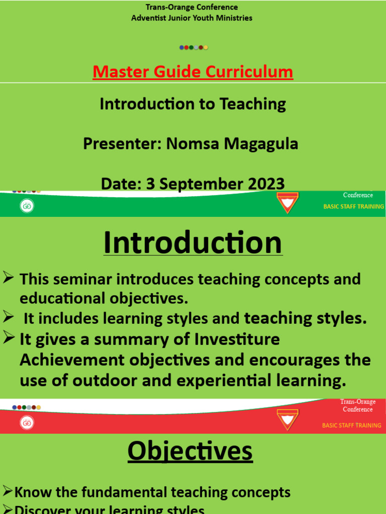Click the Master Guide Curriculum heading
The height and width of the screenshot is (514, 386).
pyautogui.click(x=192, y=72)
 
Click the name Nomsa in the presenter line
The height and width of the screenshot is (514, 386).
pyautogui.click(x=194, y=144)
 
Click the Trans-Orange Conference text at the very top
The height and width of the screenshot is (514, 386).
pyautogui.click(x=191, y=7)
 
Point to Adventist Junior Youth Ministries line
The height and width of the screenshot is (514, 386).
pyautogui.click(x=191, y=18)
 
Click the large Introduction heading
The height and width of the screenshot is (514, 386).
pyautogui.click(x=192, y=243)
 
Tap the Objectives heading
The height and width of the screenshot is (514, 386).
pyautogui.click(x=190, y=451)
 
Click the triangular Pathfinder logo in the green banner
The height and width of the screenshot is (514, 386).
pyautogui.click(x=287, y=203)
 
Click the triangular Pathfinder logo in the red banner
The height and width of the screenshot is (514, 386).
pyautogui.click(x=287, y=419)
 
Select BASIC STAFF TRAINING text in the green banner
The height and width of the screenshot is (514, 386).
pyautogui.click(x=353, y=206)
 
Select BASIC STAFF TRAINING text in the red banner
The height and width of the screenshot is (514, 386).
pyautogui.click(x=351, y=425)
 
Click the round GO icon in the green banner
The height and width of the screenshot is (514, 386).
pyautogui.click(x=27, y=206)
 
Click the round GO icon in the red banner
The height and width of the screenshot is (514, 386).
pyautogui.click(x=27, y=423)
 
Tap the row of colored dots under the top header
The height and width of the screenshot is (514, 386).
pyautogui.click(x=194, y=48)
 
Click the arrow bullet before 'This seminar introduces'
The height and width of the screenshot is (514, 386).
pyautogui.click(x=8, y=277)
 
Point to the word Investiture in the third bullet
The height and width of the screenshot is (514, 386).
pyautogui.click(x=236, y=340)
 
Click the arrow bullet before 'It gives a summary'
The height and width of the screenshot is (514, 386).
pyautogui.click(x=8, y=338)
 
